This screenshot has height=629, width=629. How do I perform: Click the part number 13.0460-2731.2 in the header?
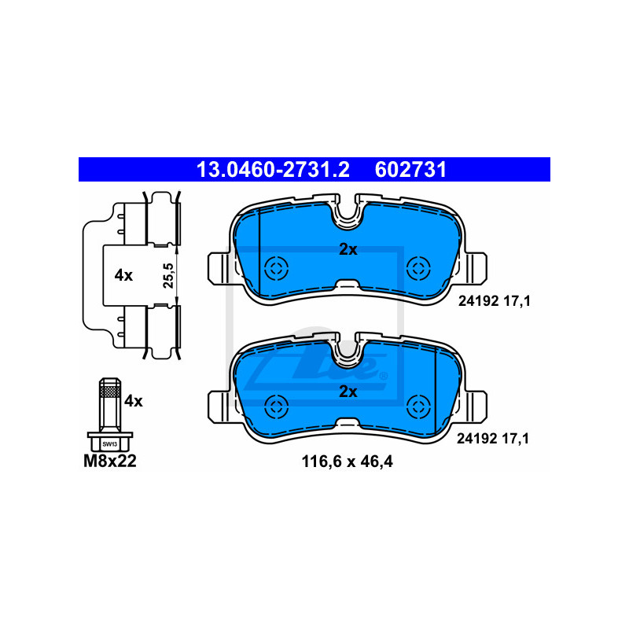tap(272, 169)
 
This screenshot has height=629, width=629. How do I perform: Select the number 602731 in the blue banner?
tap(411, 169)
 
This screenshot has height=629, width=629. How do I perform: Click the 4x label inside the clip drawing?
tap(123, 275)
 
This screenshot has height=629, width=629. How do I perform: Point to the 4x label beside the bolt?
tap(134, 401)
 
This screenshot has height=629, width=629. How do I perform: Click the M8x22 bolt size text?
tap(110, 462)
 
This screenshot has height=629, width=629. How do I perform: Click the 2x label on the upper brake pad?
tap(348, 250)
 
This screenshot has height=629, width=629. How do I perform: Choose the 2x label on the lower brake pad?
tap(348, 391)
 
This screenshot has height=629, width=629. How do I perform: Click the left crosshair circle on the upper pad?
tap(276, 267)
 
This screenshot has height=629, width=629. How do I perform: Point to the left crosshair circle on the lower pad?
tap(276, 406)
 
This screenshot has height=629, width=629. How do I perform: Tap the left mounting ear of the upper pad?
tap(218, 267)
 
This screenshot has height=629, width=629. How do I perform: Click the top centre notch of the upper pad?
tap(348, 212)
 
